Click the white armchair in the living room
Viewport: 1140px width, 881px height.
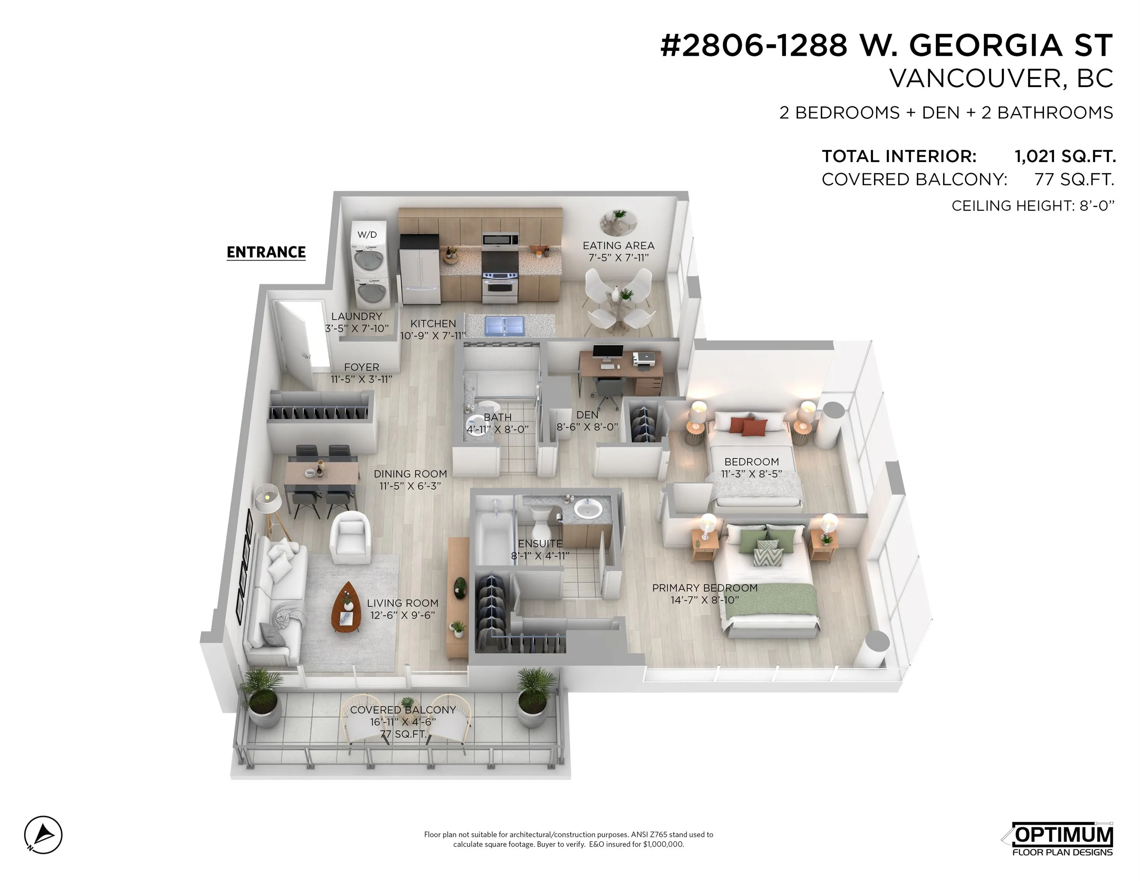(x=350, y=538)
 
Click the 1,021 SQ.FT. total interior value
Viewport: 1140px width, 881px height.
(x=1064, y=156)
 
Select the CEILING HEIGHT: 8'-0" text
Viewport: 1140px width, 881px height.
(x=1033, y=206)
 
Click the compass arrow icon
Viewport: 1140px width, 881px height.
(x=43, y=835)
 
